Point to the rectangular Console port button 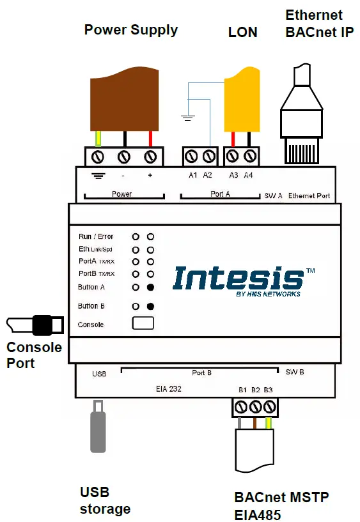pyautogui.click(x=143, y=323)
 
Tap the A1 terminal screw pyautogui.click(x=191, y=156)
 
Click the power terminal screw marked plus pyautogui.click(x=151, y=156)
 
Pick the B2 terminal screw pyautogui.click(x=256, y=406)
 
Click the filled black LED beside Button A pyautogui.click(x=150, y=287)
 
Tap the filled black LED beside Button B pyautogui.click(x=150, y=306)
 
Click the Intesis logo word pyautogui.click(x=238, y=279)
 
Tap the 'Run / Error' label pyautogui.click(x=95, y=236)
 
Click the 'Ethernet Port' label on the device pyautogui.click(x=309, y=196)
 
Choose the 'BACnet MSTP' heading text pyautogui.click(x=282, y=497)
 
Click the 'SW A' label pyautogui.click(x=273, y=196)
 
